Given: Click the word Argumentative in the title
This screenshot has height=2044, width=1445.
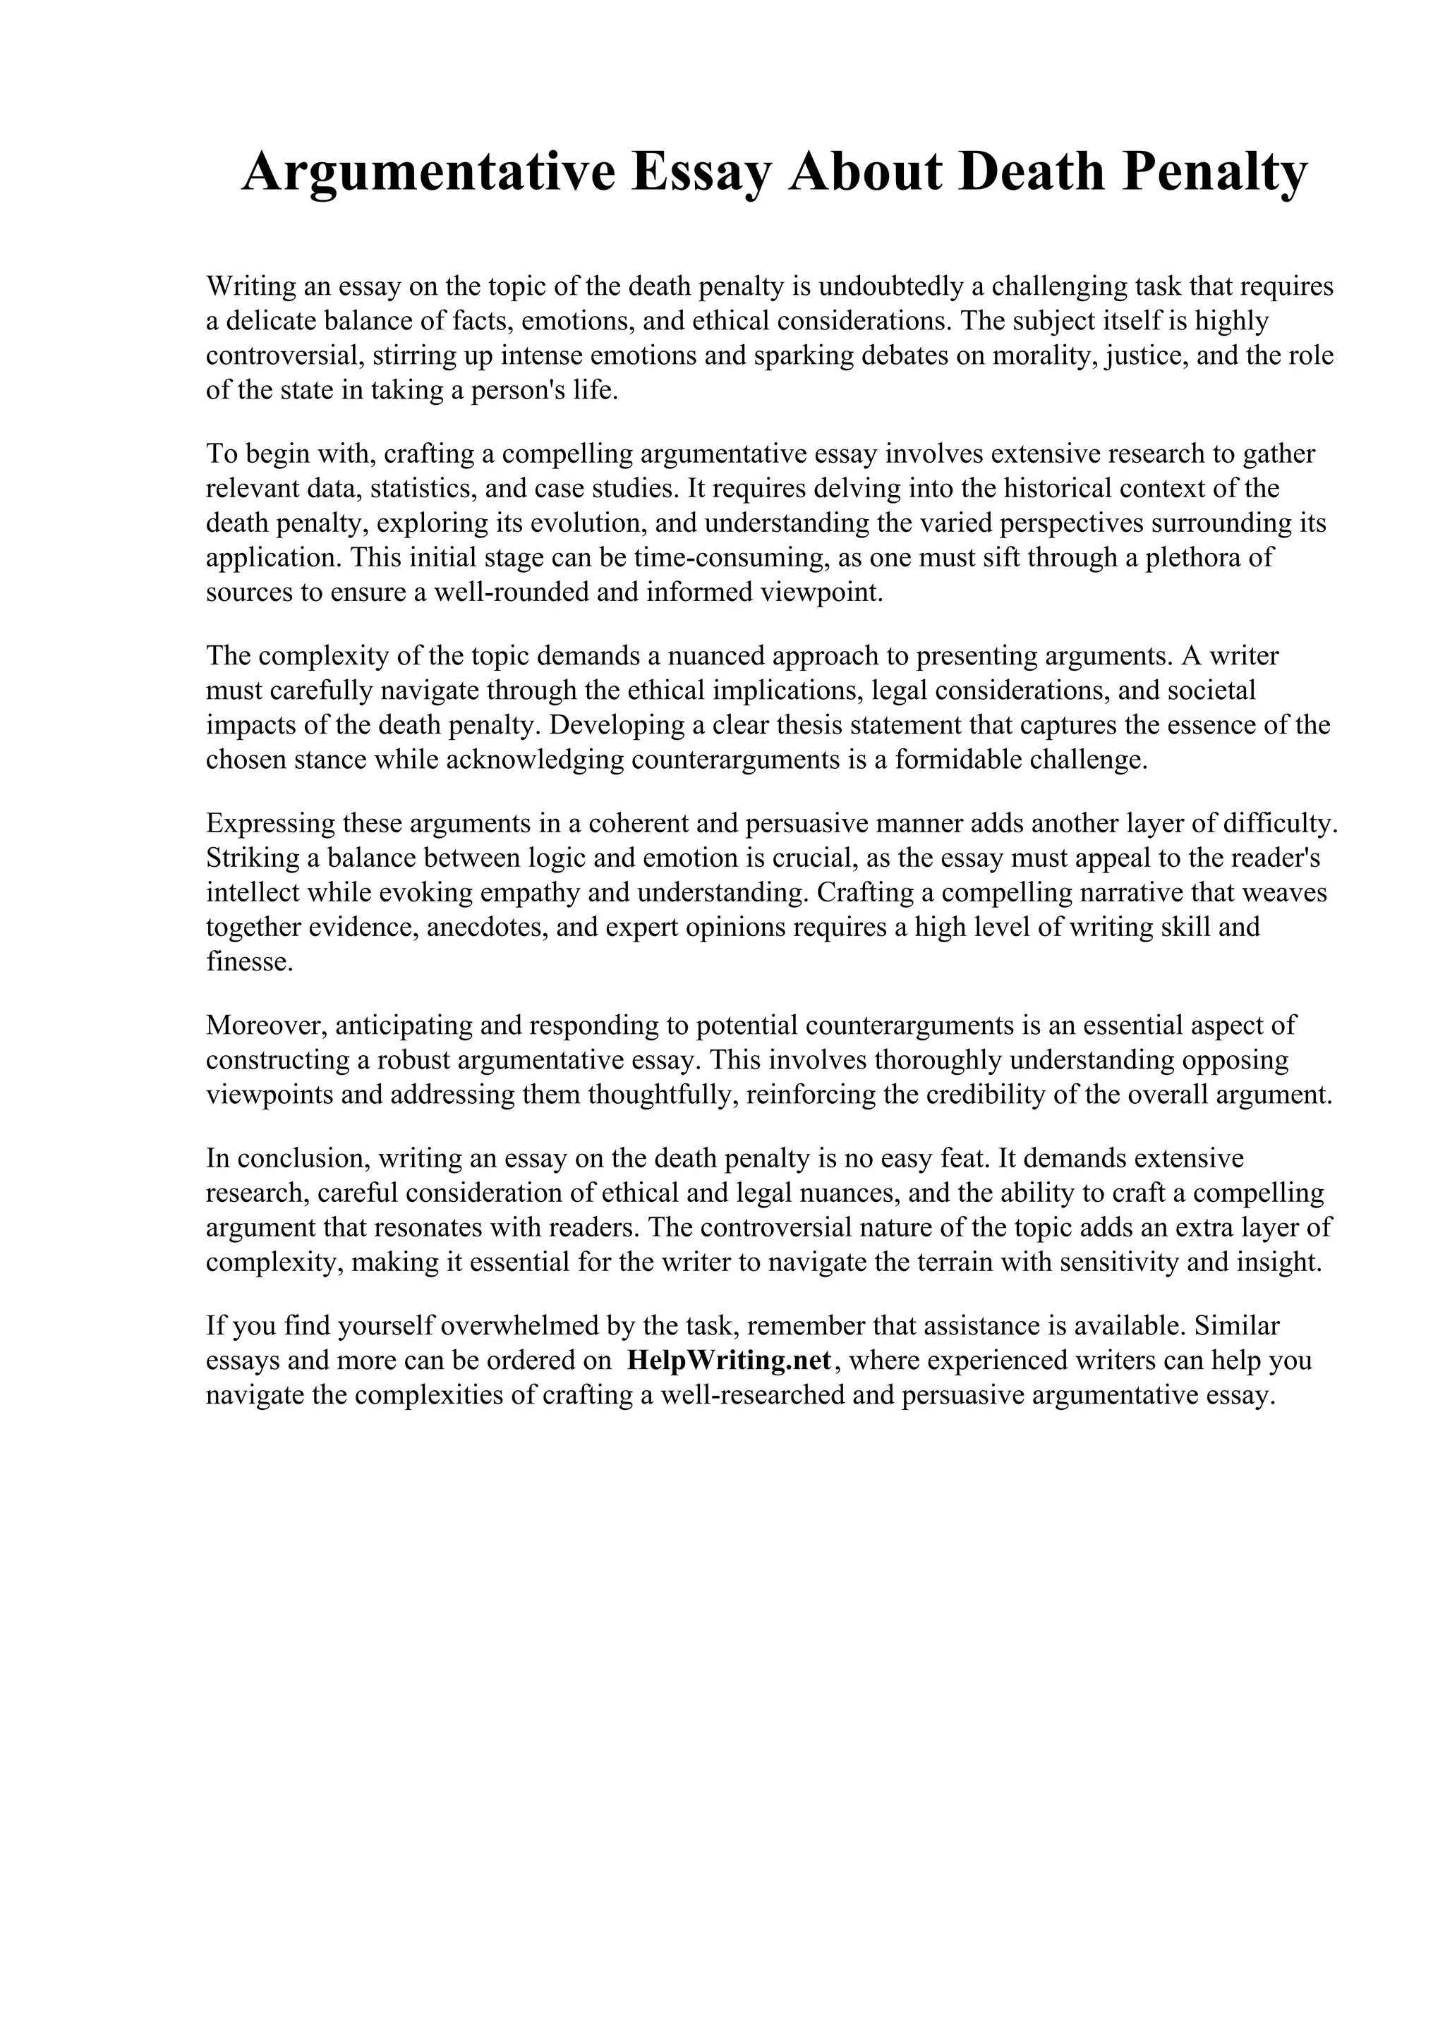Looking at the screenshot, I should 428,172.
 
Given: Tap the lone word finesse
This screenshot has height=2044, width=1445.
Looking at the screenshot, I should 248,962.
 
